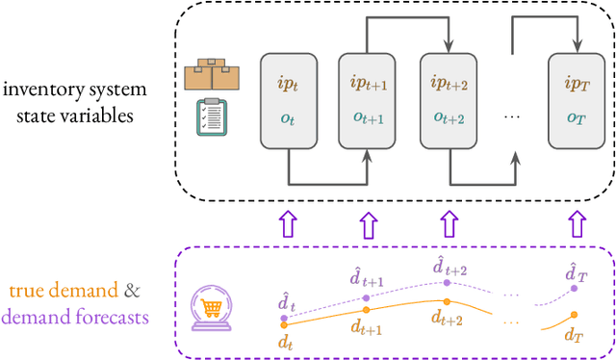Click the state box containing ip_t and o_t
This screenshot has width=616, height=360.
pos(290,100)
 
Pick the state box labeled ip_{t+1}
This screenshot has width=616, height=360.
pos(368,100)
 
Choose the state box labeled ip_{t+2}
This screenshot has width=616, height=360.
pos(449,100)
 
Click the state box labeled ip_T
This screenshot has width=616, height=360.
pos(577,100)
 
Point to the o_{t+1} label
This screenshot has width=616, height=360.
pos(368,118)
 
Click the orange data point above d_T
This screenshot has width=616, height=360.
pos(575,315)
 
